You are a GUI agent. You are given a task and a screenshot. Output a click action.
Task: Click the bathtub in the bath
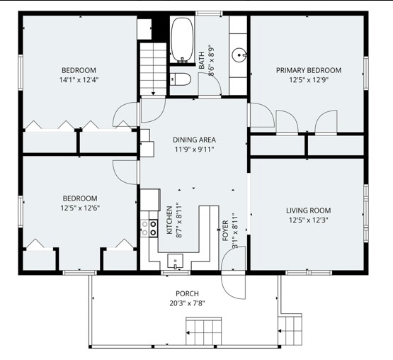click(182, 40)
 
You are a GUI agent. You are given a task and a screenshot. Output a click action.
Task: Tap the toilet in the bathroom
click(181, 79)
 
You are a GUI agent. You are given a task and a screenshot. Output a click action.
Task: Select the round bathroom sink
click(239, 55)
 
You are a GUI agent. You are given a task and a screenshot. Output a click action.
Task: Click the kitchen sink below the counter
click(175, 261)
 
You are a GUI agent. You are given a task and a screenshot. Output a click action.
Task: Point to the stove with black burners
click(154, 228)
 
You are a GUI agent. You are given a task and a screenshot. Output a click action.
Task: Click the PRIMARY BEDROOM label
click(309, 70)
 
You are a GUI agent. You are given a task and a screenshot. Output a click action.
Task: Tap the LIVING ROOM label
click(309, 210)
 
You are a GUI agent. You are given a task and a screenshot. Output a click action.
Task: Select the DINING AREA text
click(194, 140)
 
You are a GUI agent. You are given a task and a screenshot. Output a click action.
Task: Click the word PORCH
click(187, 293)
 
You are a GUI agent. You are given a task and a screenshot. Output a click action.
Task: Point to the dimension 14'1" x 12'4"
click(79, 80)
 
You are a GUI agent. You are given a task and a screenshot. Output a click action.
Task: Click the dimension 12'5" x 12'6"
click(80, 208)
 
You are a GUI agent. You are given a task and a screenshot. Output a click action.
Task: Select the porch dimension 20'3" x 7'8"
click(187, 303)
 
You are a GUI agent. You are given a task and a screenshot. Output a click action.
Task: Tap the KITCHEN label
click(170, 220)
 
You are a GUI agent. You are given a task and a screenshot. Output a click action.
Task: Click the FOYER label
click(226, 231)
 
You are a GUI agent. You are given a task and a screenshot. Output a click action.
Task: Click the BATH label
click(202, 60)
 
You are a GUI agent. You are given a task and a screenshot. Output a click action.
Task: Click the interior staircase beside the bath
click(153, 69)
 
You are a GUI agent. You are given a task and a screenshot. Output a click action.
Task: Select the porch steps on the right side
click(290, 331)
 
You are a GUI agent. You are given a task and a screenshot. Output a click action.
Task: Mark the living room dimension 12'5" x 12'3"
click(309, 220)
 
